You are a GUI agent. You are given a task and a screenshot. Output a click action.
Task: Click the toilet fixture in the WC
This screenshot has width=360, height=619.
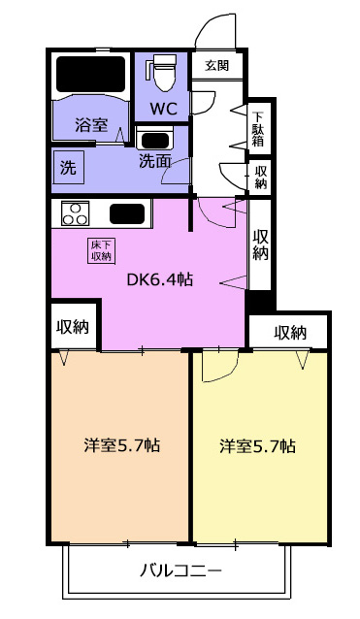click(x=163, y=72)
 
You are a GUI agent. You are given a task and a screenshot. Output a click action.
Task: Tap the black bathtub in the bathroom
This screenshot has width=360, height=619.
click(x=91, y=74)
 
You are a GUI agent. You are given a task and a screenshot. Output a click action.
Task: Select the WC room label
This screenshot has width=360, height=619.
click(x=163, y=109)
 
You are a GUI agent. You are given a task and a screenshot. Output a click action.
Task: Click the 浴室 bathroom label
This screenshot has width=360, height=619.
click(x=91, y=125)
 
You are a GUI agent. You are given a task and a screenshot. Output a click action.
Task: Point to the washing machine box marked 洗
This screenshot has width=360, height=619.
click(x=68, y=168)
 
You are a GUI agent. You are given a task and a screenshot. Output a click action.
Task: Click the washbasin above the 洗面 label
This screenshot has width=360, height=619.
click(x=154, y=141)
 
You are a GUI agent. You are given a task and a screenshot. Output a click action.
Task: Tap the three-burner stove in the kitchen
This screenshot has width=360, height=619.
click(x=75, y=213)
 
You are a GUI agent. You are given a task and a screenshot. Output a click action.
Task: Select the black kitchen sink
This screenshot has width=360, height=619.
click(x=127, y=213)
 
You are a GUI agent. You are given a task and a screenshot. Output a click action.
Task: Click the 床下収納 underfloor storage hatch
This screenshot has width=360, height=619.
click(x=102, y=250)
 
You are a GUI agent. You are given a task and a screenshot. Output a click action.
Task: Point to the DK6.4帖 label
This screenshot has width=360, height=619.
click(x=159, y=279)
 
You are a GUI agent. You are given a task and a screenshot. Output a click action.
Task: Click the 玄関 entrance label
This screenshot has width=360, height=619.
click(x=216, y=65)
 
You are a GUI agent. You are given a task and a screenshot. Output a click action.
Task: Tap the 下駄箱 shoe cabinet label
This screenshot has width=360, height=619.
click(x=258, y=129)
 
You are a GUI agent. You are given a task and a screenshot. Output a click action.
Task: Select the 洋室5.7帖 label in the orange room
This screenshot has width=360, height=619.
click(x=121, y=445)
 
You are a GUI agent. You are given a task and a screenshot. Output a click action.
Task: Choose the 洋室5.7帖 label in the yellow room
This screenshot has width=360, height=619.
click(x=257, y=446)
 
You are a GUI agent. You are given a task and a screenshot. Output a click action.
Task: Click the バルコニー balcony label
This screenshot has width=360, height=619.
click(x=180, y=570)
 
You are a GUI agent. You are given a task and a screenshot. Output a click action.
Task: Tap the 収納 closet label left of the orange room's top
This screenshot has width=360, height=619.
click(x=73, y=326)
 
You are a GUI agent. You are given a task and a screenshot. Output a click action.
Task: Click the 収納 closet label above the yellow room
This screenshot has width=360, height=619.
click(x=290, y=333)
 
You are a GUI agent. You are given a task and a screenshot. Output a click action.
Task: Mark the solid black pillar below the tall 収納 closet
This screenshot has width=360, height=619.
click(x=260, y=301)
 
